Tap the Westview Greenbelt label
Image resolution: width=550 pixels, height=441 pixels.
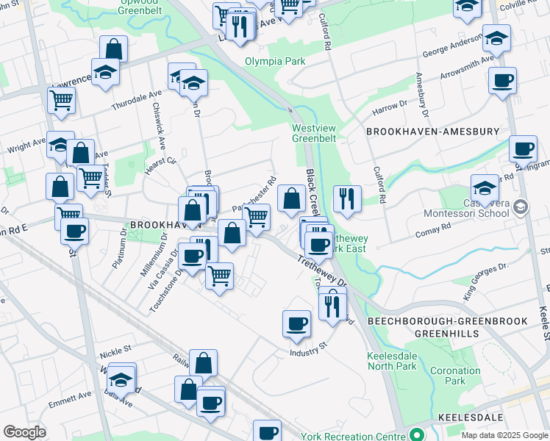coord(314,132)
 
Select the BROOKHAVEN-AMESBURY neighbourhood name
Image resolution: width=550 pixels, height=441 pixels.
coord(432,132)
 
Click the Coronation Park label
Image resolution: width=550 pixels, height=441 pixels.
coord(454,376)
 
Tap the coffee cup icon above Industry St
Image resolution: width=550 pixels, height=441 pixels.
coord(296,323)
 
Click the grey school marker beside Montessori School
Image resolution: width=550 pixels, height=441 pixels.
coord(521,208)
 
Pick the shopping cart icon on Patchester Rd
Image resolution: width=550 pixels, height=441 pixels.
coord(257,217)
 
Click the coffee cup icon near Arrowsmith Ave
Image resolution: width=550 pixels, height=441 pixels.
coord(502,81)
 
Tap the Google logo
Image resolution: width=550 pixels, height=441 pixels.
coord(24,432)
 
